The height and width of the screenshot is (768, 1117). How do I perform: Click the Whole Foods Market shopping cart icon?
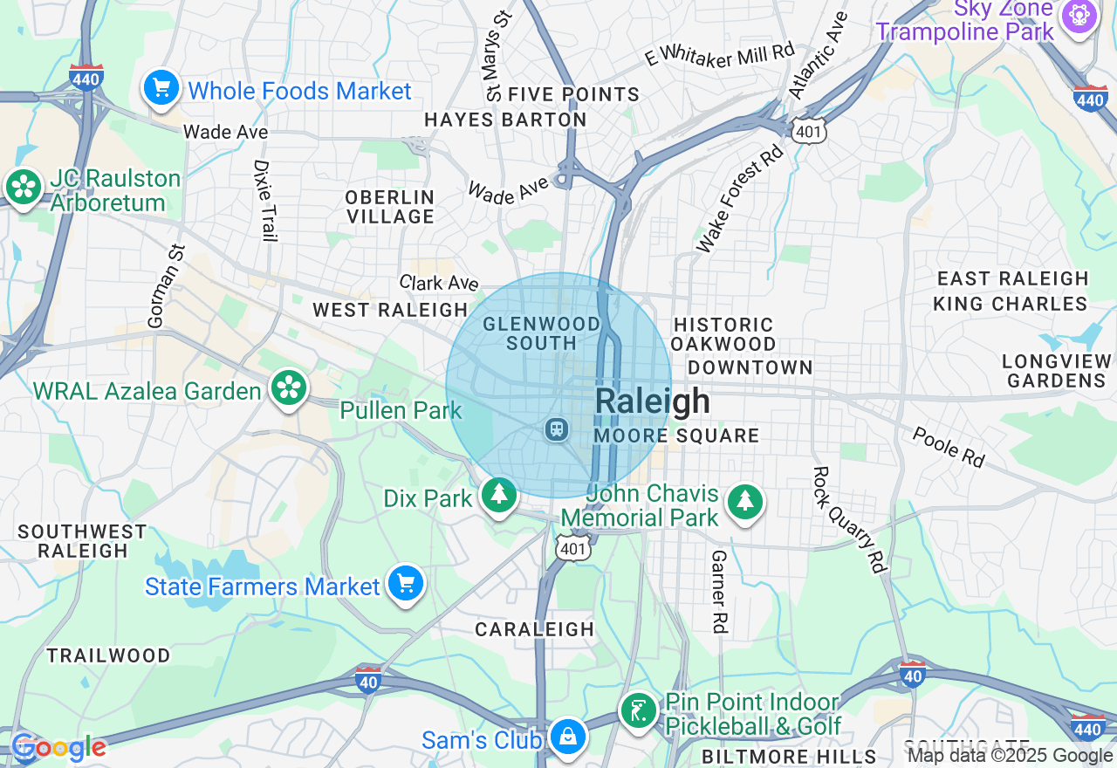coord(161,88)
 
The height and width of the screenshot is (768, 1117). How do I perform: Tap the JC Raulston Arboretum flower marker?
coord(24,187)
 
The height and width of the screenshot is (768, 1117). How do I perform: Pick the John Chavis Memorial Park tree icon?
coord(744,502)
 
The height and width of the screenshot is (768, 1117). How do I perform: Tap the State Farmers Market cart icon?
coord(405,583)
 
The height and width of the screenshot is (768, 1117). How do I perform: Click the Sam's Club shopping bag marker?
coord(567,737)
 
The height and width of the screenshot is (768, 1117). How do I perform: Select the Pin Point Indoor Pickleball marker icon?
coord(639,711)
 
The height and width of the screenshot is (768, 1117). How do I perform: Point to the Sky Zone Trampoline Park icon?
coord(1079,17)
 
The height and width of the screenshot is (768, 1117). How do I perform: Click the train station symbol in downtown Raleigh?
coord(556,429)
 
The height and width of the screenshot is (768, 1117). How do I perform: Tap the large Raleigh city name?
coord(652,401)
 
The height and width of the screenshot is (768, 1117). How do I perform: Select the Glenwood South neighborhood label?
coord(542,333)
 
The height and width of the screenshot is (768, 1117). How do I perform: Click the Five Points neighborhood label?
coord(573,94)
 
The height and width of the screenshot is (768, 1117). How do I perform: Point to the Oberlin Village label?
coord(389,207)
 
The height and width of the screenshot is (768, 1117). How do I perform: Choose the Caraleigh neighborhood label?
coord(534,629)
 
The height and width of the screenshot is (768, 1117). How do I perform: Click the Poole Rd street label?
coord(949,447)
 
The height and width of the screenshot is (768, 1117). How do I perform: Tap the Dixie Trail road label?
coord(264,200)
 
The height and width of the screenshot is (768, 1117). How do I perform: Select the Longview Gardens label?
coord(1056,371)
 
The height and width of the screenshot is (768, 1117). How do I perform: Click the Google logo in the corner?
coord(58,748)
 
